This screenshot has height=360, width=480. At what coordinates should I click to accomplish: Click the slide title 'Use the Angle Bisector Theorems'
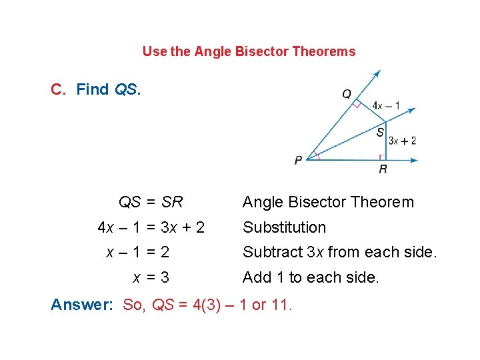point(249,51)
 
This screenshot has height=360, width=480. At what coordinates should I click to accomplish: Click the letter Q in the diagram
point(347,94)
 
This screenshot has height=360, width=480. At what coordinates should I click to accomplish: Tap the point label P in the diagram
point(298,160)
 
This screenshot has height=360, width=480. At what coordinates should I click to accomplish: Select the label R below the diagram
point(383,170)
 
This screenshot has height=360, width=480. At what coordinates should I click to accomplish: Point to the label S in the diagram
point(379,132)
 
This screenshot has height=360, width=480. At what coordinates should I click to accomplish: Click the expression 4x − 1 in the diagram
point(387,105)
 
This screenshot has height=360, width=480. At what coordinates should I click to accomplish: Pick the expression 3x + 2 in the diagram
point(403,140)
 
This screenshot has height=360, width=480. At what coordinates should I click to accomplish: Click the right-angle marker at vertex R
point(383,157)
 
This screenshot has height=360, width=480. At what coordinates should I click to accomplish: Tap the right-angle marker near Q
point(357,104)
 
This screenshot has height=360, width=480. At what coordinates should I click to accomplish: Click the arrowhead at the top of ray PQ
point(377,73)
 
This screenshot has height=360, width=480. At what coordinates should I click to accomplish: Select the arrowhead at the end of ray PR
point(414,160)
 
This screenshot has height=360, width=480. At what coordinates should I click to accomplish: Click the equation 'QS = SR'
point(151,202)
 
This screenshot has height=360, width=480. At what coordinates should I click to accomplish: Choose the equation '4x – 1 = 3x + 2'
point(151,227)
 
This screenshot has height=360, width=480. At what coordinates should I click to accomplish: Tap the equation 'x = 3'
point(151,277)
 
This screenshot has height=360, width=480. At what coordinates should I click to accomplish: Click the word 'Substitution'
point(284,227)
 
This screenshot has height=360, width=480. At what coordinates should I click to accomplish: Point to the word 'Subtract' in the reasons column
point(268,252)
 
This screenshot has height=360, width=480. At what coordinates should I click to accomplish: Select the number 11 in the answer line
point(281,305)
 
